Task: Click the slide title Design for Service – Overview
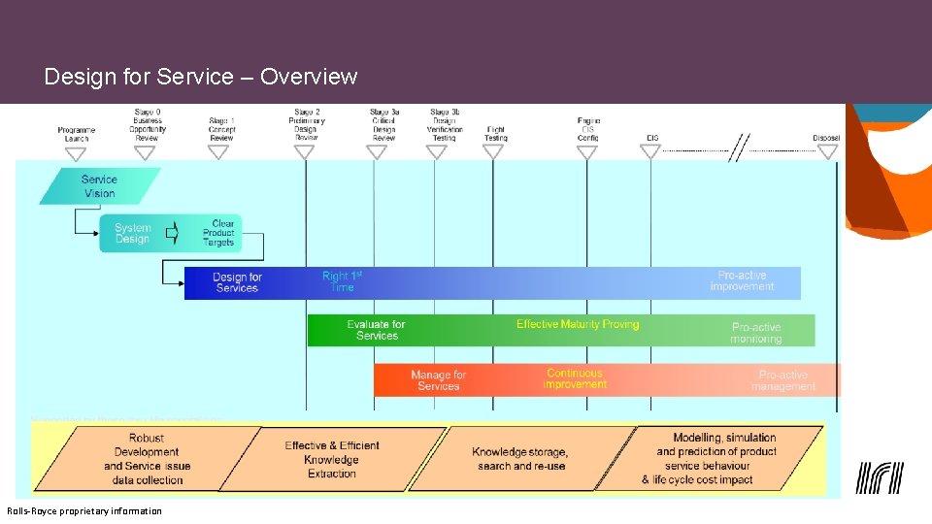coord(201,77)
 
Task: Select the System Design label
coord(133,234)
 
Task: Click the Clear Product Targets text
coord(219,234)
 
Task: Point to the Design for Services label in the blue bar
coord(238,282)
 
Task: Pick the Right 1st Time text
coord(342,282)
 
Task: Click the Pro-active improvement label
coord(742,281)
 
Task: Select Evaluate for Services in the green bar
coord(377,330)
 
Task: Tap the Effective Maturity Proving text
coord(578,324)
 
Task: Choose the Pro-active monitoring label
coord(756,333)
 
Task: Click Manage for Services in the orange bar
coord(439,380)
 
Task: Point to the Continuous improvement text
coord(575,378)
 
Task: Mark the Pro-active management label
coord(782,380)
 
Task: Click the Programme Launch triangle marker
coord(76,153)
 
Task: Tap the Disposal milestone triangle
coord(827,152)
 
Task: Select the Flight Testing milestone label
coord(495,133)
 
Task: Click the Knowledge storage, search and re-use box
coord(520,459)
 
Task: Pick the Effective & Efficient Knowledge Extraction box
coord(332,459)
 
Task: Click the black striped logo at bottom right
coord(880,477)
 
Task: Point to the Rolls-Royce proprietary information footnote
coord(84,510)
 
